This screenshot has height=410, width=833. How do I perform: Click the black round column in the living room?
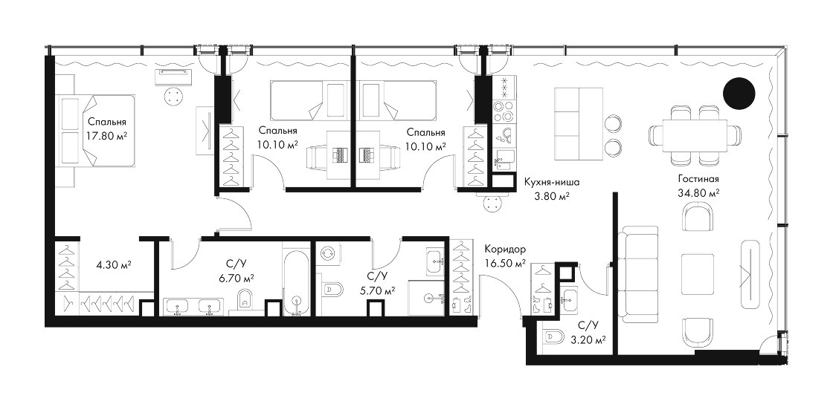(739, 94)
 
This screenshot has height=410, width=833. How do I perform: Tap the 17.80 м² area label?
(107, 134)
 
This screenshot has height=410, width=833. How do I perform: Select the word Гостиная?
(698, 179)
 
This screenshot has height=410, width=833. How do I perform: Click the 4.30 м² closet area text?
(114, 264)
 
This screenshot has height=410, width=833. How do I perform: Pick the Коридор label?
(505, 249)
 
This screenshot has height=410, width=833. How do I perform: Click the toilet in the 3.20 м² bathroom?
(553, 335)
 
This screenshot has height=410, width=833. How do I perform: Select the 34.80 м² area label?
(698, 193)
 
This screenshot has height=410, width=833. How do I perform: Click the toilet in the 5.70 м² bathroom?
(332, 290)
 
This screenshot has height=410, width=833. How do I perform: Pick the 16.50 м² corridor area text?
(505, 262)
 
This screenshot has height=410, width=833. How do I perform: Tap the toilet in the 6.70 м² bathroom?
(245, 299)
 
